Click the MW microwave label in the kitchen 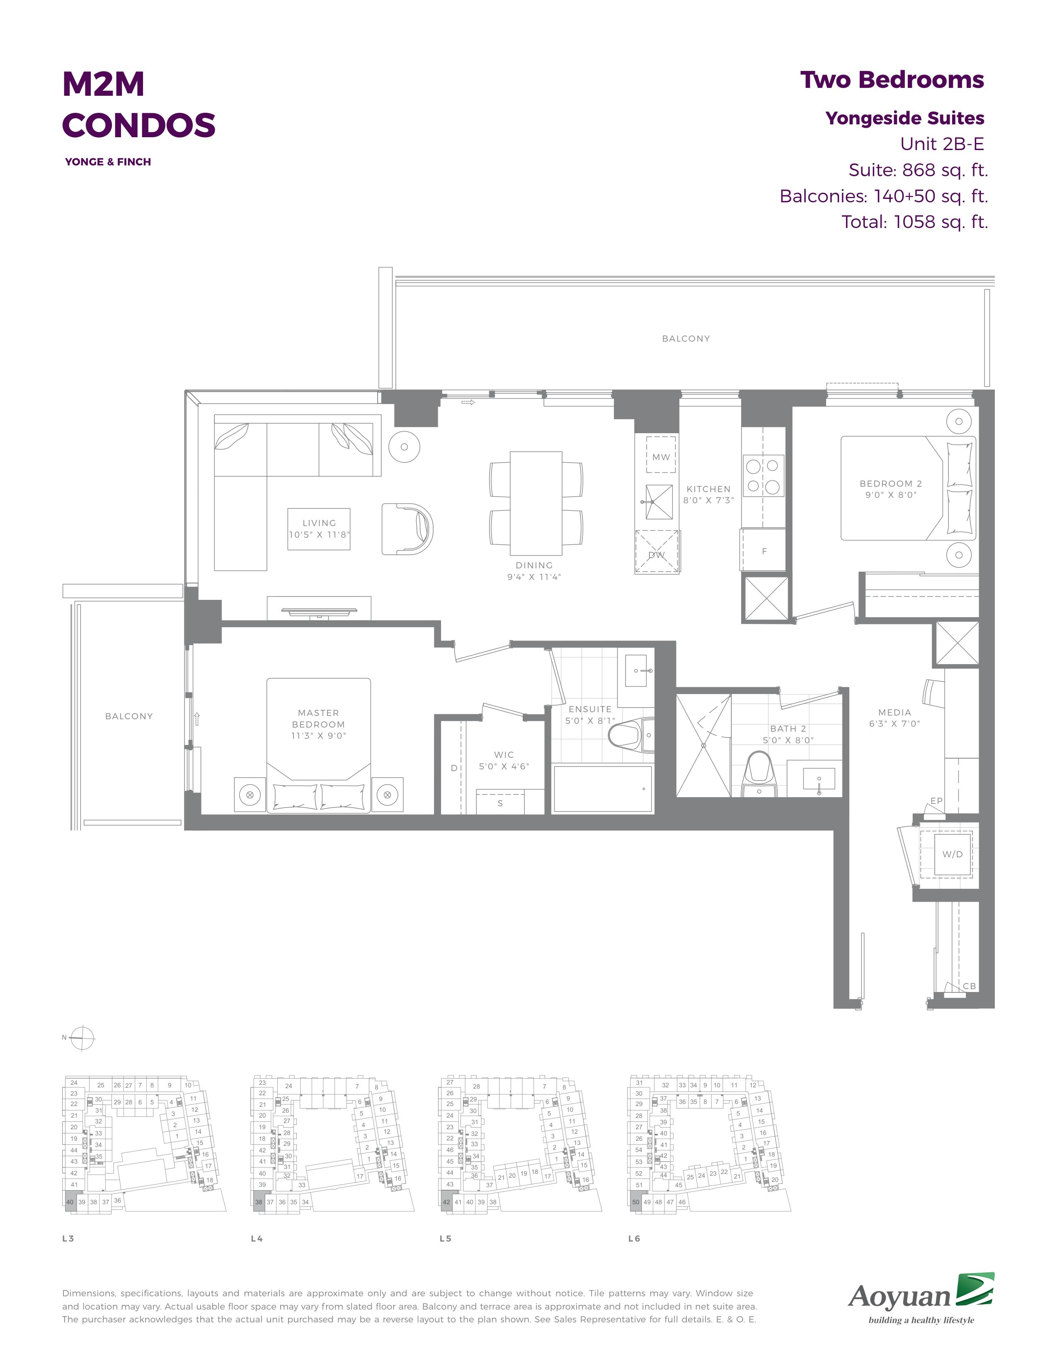point(661,457)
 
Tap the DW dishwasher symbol point(657,551)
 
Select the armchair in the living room point(407,529)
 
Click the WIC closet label point(504,755)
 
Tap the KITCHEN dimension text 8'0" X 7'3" point(708,500)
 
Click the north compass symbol point(82,1038)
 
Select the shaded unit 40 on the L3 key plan point(70,1201)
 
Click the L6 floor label point(634,1238)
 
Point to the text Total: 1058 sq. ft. point(914,222)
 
